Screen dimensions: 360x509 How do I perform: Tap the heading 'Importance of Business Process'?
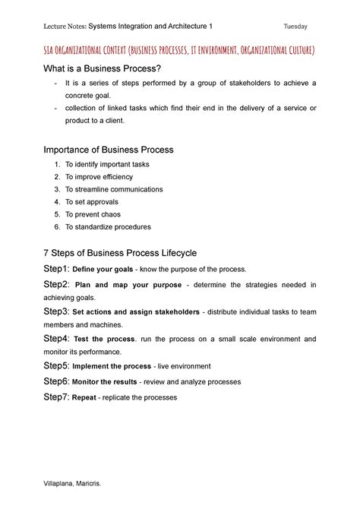coord(109,150)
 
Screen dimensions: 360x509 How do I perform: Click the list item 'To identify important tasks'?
coord(107,164)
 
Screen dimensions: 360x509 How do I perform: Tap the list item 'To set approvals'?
coord(92,202)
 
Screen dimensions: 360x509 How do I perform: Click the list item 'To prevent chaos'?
coord(94,214)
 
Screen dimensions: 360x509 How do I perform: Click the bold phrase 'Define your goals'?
coord(103,270)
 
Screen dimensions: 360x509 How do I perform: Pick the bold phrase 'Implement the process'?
coord(111,366)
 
